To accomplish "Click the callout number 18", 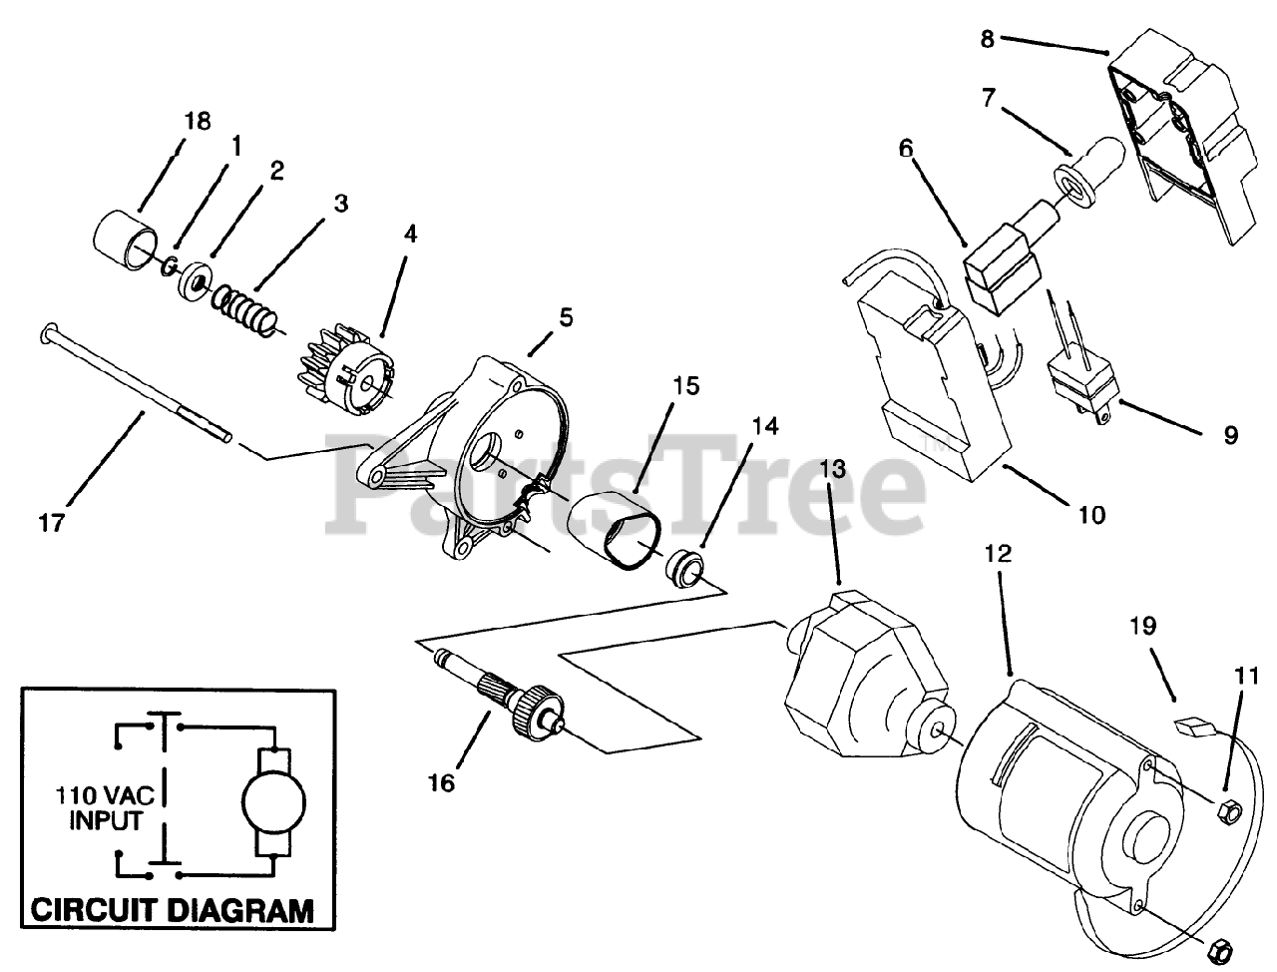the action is point(198,121).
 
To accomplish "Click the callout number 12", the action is point(999,552).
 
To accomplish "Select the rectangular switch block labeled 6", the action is point(1002,262).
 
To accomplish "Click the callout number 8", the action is point(987,40).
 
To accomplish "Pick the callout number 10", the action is point(1091,515).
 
